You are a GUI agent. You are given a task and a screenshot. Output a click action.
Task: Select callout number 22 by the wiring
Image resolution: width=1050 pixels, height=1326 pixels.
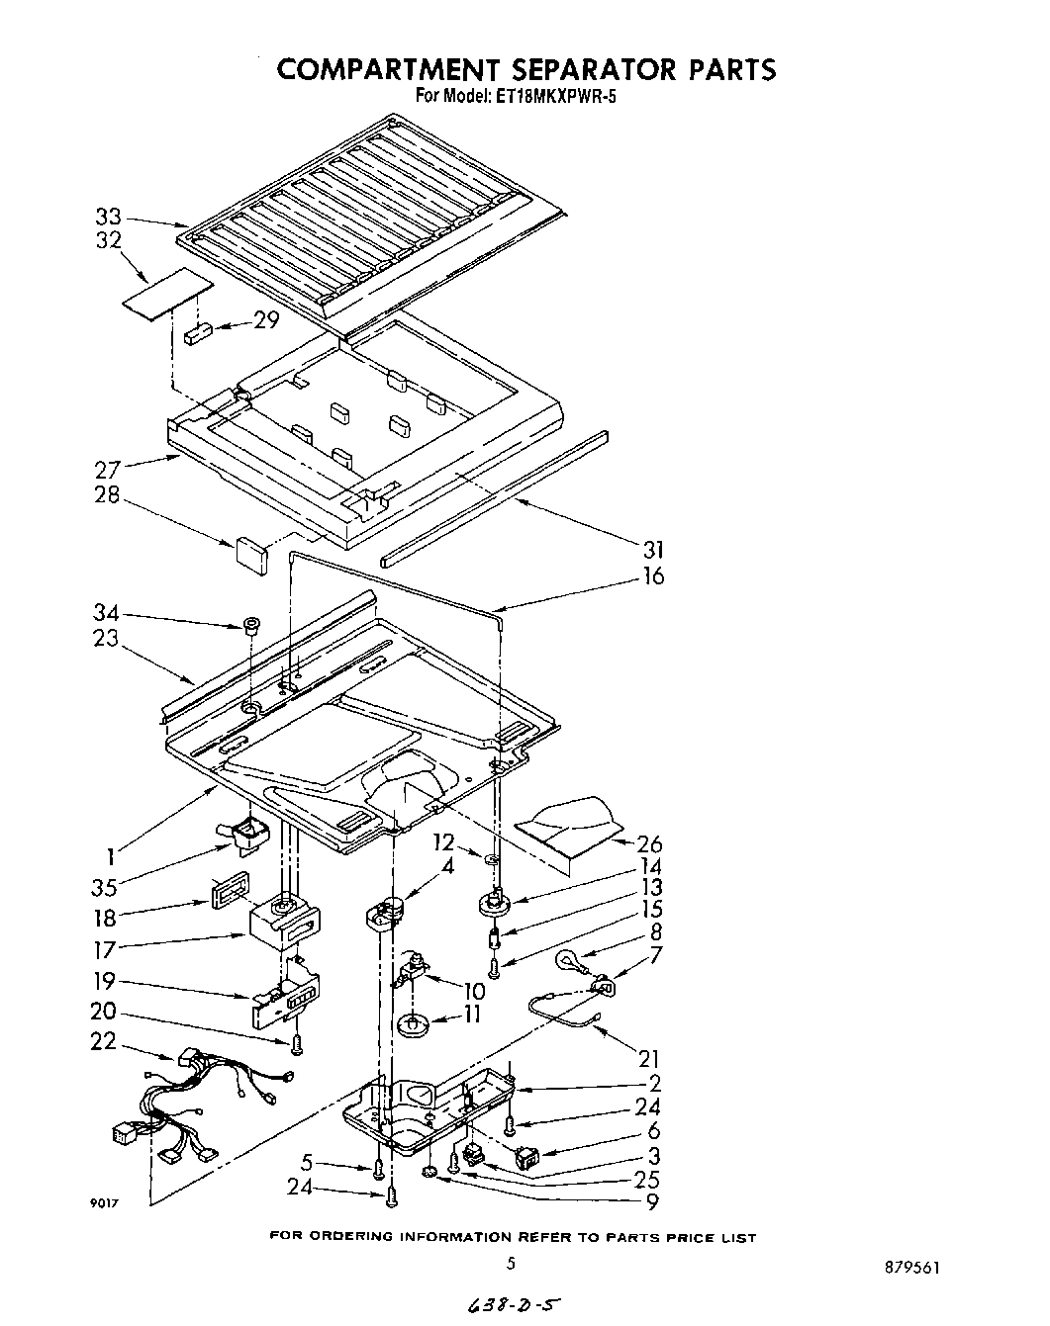pyautogui.click(x=104, y=1041)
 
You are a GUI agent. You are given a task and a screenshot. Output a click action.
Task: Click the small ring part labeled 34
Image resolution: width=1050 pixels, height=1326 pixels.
pyautogui.click(x=252, y=625)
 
